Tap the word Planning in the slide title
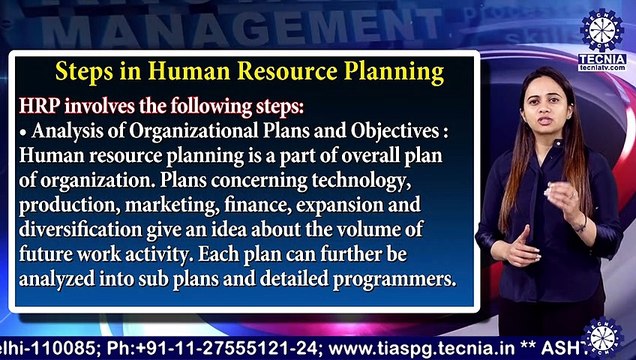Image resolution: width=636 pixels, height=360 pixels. [394, 73]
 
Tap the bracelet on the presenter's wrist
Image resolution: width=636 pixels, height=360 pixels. [578, 222]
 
